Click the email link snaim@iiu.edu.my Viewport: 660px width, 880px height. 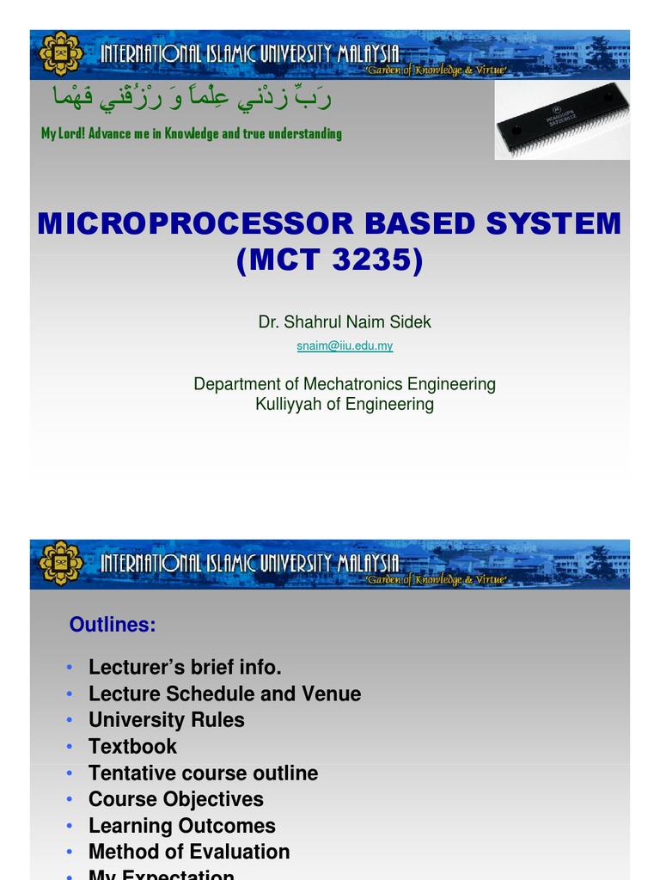345,345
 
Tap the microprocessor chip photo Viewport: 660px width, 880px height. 562,120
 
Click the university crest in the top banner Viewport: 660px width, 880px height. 61,54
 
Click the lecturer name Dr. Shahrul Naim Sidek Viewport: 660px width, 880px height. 345,322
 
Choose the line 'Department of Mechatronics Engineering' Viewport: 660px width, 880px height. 345,384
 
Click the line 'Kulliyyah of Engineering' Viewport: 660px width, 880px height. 345,404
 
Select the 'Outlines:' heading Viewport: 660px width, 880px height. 113,625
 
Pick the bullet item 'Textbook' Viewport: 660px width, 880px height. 132,746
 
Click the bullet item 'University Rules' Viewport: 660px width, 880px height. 166,719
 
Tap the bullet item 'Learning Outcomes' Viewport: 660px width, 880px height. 181,826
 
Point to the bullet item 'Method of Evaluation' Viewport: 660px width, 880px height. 189,852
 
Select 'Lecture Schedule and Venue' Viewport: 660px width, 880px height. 224,694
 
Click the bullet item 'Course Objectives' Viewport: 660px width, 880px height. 175,799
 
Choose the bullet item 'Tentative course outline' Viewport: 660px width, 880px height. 203,773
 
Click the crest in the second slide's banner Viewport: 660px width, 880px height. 61,564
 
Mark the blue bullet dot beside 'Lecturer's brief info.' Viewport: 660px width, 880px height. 69,668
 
